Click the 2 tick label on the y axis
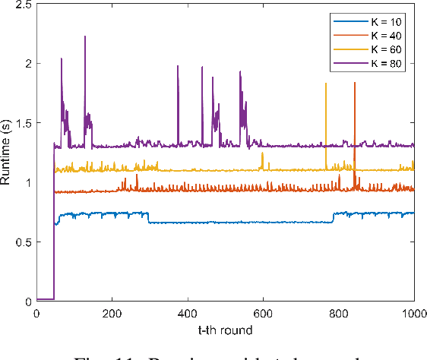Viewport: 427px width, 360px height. click(27, 64)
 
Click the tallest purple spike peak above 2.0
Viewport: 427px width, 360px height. click(85, 36)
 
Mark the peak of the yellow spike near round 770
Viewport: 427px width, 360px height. click(326, 84)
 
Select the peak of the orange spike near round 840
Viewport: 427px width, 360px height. click(355, 84)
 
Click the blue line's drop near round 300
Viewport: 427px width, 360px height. click(148, 219)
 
